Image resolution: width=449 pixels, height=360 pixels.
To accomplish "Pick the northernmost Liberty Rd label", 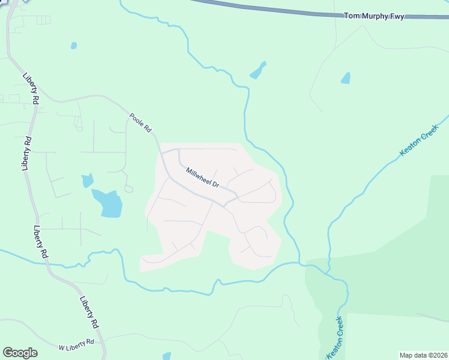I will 31,89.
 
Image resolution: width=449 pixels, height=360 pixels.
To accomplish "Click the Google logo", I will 20,353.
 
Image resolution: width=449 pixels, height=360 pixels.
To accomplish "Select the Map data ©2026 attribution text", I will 423,355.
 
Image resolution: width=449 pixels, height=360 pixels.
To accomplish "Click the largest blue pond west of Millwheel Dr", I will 108,203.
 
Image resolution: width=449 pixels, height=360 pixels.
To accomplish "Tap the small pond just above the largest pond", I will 88,180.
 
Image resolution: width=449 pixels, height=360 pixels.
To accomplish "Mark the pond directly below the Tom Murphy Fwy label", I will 345,78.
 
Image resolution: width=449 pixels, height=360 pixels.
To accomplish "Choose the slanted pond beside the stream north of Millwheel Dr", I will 258,70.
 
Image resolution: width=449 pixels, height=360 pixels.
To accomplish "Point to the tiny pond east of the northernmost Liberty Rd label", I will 73,45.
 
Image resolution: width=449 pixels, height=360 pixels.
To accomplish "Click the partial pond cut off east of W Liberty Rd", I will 166,356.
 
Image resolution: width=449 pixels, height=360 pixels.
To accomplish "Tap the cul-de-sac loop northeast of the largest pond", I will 128,189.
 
